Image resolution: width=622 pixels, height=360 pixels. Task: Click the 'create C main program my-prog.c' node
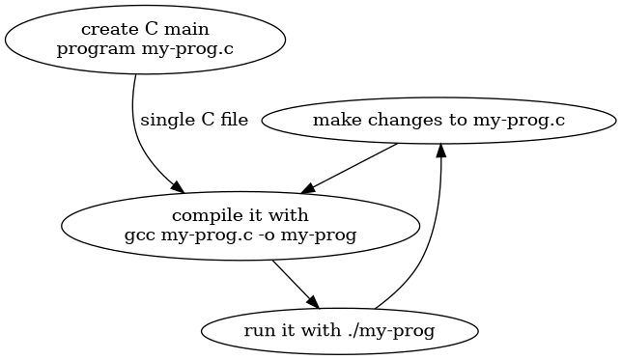point(145,39)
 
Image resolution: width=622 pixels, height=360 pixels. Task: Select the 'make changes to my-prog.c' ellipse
point(438,121)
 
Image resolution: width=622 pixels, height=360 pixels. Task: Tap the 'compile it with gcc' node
point(240,224)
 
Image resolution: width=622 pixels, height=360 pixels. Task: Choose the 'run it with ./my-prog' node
point(340,330)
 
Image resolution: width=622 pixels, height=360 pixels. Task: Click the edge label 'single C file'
point(194,121)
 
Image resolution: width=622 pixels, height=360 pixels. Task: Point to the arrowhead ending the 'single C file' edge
point(178,186)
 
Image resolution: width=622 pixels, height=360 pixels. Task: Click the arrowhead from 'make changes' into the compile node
point(306,190)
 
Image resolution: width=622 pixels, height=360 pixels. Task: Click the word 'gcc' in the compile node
point(139,235)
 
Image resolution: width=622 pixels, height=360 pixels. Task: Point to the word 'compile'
point(201,214)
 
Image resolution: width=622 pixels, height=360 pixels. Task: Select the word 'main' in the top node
point(188,29)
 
